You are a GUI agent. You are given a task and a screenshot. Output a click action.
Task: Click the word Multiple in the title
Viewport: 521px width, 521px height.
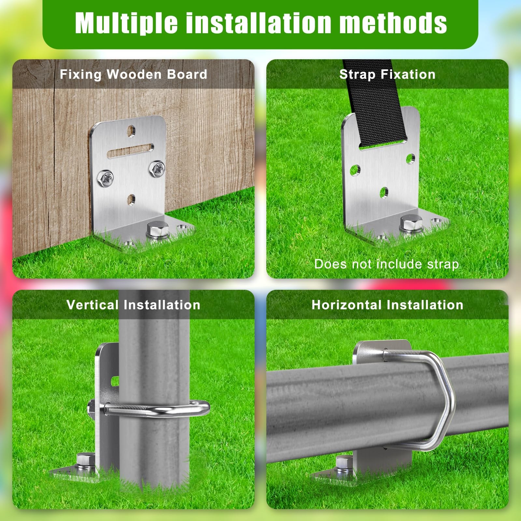point(126,23)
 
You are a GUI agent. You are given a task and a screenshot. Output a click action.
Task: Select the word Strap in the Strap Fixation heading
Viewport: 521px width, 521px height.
point(357,75)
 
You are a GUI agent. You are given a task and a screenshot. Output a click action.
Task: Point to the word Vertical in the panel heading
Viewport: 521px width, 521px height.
point(92,305)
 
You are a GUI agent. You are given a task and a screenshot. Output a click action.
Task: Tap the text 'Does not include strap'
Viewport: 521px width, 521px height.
point(387,264)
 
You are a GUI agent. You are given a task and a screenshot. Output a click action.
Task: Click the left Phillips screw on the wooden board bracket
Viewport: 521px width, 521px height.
point(106,178)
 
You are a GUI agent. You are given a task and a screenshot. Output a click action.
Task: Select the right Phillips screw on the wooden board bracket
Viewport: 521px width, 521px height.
point(157,169)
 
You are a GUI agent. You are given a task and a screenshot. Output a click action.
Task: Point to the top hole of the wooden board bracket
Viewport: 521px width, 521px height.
point(131,131)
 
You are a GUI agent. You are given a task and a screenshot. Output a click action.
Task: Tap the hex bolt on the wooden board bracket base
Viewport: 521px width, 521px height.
point(158,230)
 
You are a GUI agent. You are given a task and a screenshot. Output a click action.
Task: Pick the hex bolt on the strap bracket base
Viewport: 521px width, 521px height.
point(412,224)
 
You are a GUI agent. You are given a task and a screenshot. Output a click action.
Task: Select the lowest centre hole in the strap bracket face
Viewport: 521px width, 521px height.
point(384,192)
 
